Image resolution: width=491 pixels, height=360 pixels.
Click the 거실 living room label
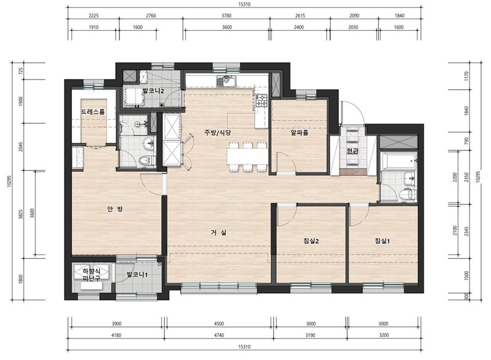click(x=219, y=232)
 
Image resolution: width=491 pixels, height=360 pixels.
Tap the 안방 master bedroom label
click(x=115, y=209)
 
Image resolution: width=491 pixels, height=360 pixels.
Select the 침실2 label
click(x=311, y=241)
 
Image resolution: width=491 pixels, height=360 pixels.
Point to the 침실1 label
click(x=382, y=241)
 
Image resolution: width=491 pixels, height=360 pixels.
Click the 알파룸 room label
click(x=299, y=133)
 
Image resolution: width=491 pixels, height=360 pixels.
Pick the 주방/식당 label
click(x=218, y=132)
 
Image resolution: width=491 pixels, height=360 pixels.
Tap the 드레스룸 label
click(x=93, y=112)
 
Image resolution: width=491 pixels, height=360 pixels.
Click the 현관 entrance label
click(x=352, y=152)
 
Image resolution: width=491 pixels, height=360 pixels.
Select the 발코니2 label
click(x=153, y=91)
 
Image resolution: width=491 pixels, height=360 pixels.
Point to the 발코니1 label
click(x=137, y=275)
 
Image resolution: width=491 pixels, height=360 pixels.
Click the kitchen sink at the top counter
click(x=227, y=81)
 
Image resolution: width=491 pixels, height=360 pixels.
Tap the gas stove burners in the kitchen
click(x=262, y=100)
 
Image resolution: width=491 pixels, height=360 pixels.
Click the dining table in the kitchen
click(x=247, y=156)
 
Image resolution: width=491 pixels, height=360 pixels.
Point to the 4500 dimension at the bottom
click(x=219, y=323)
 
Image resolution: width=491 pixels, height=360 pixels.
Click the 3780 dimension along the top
click(x=226, y=15)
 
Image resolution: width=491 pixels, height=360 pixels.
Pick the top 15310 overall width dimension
click(x=244, y=5)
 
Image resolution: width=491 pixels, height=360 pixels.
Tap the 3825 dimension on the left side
click(x=21, y=214)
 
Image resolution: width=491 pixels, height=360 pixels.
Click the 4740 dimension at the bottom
click(x=219, y=335)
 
